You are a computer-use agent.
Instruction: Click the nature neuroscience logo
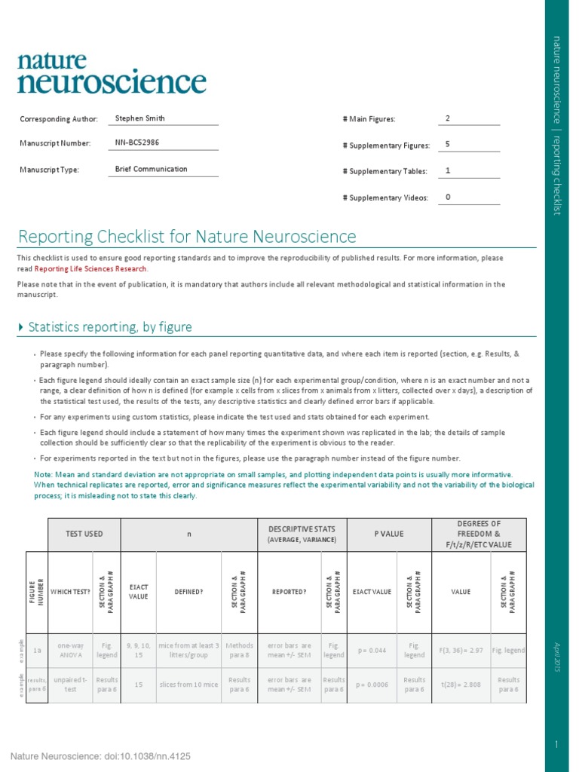coord(112,73)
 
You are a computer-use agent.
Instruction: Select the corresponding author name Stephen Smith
coord(140,118)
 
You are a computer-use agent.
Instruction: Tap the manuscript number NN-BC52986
coord(137,142)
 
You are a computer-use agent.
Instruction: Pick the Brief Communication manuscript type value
coord(151,169)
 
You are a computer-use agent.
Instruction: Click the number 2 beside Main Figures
coord(448,118)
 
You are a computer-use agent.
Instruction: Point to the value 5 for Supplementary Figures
coord(448,144)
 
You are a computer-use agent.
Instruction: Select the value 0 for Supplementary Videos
coord(448,197)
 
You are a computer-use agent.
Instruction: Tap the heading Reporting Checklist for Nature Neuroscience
coord(187,237)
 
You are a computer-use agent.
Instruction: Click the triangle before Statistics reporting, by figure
coord(20,327)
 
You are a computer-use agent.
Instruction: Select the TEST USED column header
coord(84,534)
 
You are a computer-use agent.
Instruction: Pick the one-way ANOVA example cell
coord(71,650)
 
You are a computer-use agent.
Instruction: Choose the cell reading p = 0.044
coord(372,650)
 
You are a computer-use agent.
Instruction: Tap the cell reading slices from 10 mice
coord(188,685)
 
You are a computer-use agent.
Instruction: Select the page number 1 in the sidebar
coord(556,744)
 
